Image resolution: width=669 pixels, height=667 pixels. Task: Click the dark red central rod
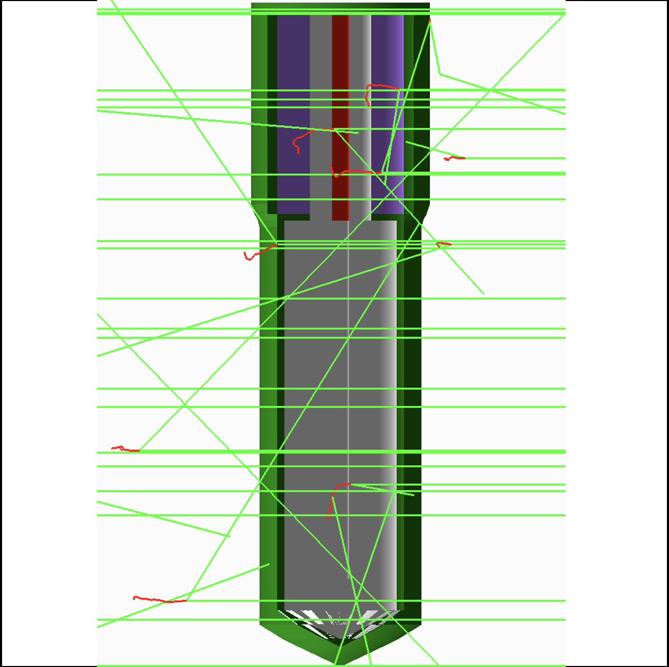pos(340,63)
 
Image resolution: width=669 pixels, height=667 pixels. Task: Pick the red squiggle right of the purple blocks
pos(454,158)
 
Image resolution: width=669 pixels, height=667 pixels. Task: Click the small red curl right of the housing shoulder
pos(444,243)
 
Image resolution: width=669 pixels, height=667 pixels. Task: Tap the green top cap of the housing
pos(340,6)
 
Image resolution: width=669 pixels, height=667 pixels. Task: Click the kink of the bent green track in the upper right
pos(440,74)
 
